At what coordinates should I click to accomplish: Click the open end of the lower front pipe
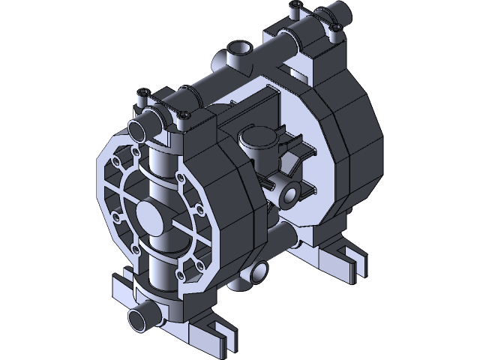tap(138, 318)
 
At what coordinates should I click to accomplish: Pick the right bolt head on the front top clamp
tap(184, 115)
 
